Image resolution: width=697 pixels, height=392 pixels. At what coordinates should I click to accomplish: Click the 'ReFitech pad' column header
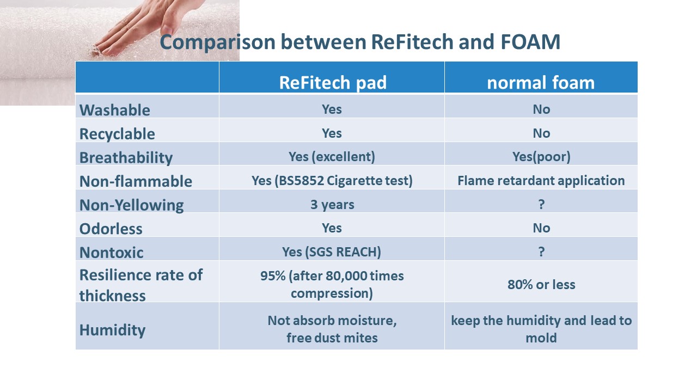333,83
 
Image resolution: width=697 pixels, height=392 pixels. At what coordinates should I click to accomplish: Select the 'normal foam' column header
541,83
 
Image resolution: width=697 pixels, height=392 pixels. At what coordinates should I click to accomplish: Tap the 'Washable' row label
115,110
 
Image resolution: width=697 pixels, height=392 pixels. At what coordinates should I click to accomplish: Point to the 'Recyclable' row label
117,134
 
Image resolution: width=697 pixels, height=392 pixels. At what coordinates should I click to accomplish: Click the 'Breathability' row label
126,158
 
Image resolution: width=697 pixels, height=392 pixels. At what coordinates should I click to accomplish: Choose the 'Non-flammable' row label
136,181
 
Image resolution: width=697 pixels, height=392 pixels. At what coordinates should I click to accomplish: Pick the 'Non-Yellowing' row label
132,205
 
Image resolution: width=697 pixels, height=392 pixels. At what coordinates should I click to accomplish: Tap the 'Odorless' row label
111,229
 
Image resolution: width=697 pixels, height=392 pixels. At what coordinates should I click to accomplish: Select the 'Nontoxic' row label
112,253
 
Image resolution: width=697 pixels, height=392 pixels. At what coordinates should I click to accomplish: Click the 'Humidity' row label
112,330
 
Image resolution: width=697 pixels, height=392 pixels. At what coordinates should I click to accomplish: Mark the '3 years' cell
332,205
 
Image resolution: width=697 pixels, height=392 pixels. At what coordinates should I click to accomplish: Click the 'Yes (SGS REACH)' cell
332,252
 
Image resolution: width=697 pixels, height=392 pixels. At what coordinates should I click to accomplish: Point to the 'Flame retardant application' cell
541,181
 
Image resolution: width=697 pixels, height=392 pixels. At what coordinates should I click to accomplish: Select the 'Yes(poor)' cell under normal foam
541,157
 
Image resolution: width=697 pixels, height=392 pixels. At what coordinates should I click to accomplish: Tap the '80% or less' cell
541,285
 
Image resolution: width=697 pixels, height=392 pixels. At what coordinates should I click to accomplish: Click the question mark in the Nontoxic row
541,252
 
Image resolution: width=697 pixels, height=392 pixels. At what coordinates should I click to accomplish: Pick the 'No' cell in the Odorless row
541,228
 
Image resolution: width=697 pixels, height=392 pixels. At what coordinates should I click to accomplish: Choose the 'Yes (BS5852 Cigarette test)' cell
332,181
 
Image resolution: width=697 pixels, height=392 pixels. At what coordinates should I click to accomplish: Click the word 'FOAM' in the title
530,42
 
